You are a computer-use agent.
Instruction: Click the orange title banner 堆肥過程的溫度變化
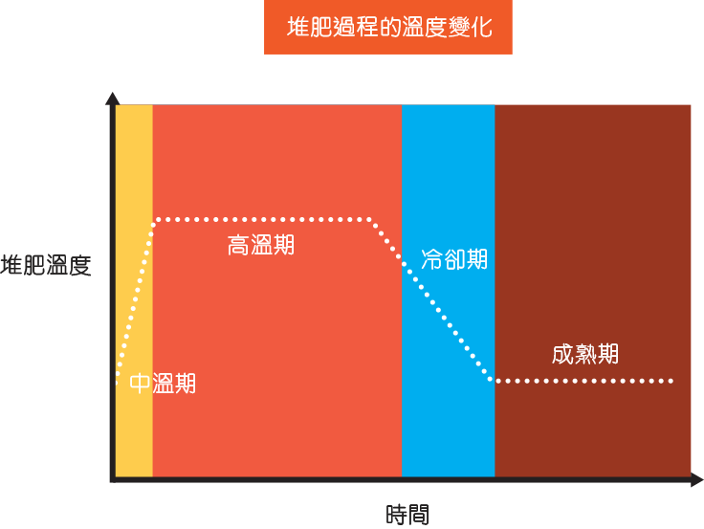coord(388,27)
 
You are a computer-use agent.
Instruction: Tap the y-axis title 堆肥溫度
coord(46,265)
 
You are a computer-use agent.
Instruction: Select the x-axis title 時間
coord(407,515)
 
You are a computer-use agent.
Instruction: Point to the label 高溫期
coord(261,245)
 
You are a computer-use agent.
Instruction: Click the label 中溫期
coord(163,383)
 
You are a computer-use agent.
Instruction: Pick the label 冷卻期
coord(454,259)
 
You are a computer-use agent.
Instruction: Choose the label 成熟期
coord(585,354)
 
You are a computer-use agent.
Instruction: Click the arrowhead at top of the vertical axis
coord(112,98)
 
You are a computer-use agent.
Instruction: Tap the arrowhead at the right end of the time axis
coord(696,479)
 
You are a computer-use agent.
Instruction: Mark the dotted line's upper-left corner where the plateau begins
coord(155,220)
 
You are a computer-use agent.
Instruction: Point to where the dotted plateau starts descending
coord(370,220)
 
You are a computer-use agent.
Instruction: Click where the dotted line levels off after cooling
coord(492,381)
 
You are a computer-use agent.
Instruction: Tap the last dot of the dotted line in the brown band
coord(671,382)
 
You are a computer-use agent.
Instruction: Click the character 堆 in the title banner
coord(298,27)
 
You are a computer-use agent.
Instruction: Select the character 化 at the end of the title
coord(481,27)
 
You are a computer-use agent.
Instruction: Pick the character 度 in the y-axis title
coord(80,265)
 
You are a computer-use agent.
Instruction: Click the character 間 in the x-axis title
coord(418,515)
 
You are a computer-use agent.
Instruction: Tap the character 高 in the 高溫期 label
coord(238,245)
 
